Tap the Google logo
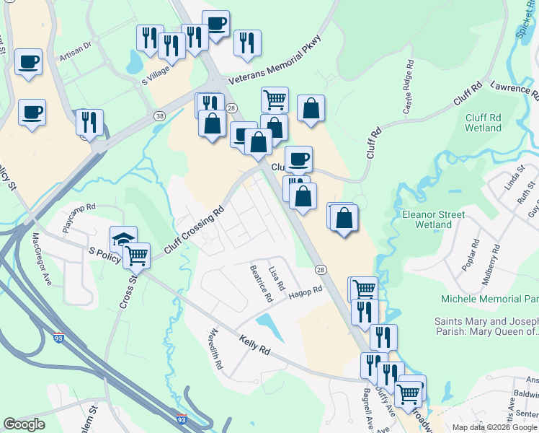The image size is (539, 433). coord(24,424)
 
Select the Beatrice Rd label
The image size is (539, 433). coord(261,282)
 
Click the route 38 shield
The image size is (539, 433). coord(159,115)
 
